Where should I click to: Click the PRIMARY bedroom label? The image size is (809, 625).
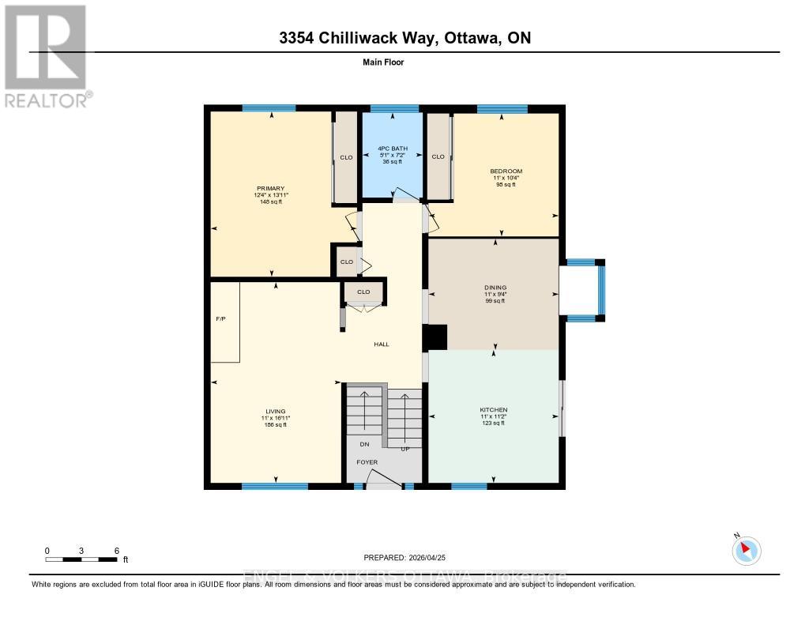point(269,188)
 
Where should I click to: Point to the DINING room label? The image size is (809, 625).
point(495,288)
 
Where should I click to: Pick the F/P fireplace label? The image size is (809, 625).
point(220,319)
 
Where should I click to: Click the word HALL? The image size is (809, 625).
point(382,345)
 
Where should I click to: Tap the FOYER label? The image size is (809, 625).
point(367,462)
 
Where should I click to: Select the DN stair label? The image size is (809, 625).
point(364,444)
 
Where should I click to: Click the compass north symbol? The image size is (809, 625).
point(746,550)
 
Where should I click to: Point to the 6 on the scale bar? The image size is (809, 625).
point(116,551)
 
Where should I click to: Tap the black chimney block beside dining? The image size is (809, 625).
point(435,337)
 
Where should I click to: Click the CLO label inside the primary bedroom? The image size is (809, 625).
point(346,157)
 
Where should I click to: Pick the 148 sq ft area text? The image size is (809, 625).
point(270,202)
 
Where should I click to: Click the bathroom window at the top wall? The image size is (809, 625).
point(394,109)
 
